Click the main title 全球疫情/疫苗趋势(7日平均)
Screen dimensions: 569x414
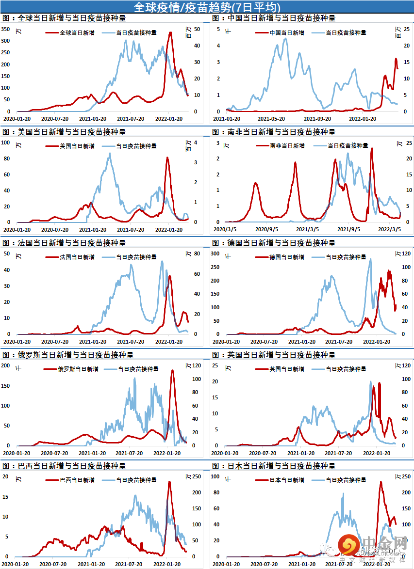(x=206, y=7)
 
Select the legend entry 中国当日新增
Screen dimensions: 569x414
(x=287, y=33)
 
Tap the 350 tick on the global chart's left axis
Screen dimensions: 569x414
(x=6, y=29)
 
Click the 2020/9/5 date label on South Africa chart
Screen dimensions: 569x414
(x=265, y=229)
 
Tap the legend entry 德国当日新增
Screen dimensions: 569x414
(x=287, y=257)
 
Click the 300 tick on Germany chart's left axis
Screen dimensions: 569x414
(x=215, y=253)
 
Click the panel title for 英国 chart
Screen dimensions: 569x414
(x=274, y=355)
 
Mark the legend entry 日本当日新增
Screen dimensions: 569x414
(x=287, y=480)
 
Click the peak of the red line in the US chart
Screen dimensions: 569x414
(x=167, y=157)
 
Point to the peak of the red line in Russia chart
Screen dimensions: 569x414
(x=172, y=370)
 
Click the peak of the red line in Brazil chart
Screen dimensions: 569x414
(x=169, y=482)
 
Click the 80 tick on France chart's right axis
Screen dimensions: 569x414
(x=190, y=253)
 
